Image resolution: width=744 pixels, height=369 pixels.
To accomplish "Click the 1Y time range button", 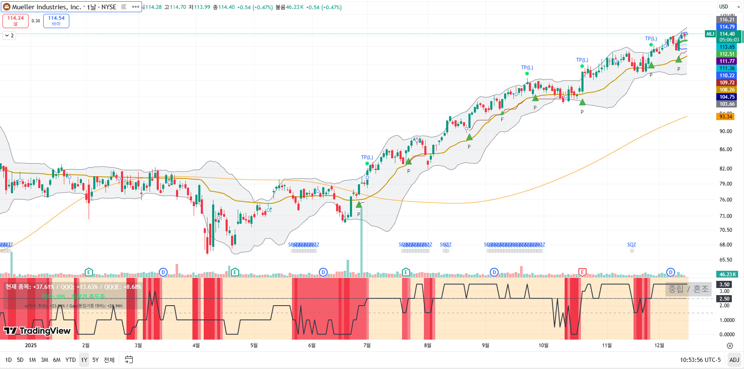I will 84,360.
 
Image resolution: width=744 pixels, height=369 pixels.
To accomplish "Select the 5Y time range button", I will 95,360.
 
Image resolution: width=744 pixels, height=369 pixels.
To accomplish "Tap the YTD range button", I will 71,360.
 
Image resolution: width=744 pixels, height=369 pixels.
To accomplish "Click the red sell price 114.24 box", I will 16,21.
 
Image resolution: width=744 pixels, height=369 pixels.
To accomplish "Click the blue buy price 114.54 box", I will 56,21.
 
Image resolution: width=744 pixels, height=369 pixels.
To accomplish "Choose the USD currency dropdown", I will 729,7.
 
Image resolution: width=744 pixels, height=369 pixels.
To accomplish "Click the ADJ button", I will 734,360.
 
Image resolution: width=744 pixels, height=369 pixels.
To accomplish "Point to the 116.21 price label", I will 727,20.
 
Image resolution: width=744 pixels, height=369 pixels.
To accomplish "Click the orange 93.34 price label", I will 726,116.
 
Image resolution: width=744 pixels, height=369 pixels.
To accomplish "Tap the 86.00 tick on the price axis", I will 726,149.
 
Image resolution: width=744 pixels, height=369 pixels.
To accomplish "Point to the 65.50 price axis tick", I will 726,260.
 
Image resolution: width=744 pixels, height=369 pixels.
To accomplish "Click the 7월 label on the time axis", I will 367,345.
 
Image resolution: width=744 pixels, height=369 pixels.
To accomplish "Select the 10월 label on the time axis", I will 543,345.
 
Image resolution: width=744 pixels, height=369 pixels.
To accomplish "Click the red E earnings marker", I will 582,272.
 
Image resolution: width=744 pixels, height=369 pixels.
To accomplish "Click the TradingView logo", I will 37,331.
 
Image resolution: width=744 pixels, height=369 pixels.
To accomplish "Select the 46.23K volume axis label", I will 727,275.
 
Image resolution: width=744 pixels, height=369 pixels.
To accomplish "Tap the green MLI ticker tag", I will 710,34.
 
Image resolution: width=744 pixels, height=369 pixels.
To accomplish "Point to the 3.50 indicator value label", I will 725,285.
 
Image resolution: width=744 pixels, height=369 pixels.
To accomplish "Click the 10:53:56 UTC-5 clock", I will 700,360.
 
